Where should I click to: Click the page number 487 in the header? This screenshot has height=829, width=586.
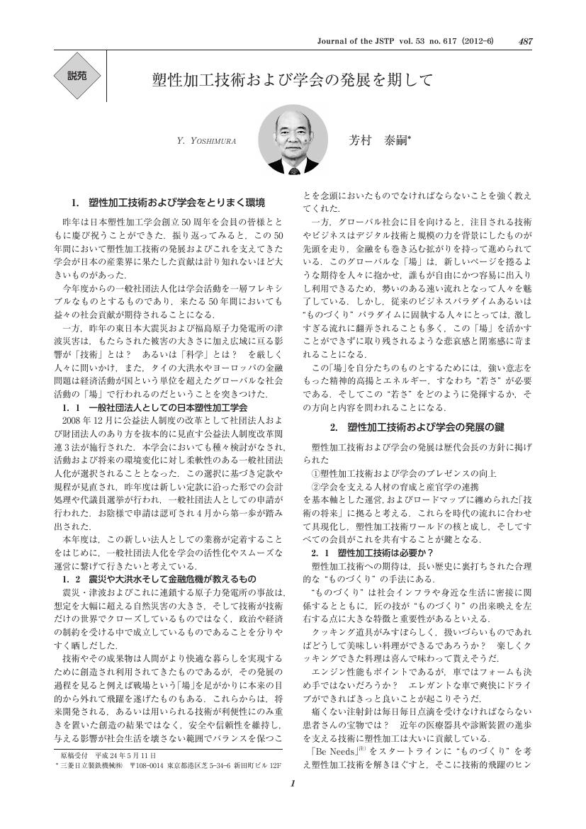pyautogui.click(x=525, y=41)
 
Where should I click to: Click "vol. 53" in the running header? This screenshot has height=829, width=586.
pyautogui.click(x=420, y=41)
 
